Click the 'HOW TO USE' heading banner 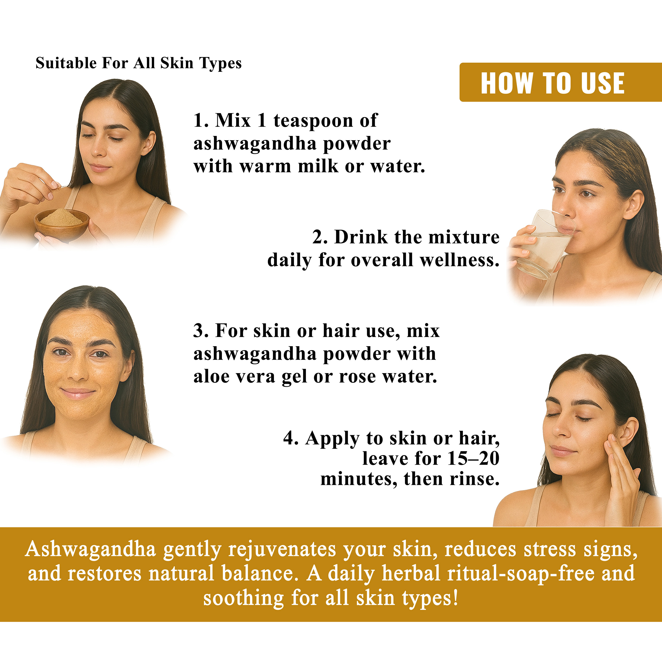point(561,82)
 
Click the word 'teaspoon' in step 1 point(313,121)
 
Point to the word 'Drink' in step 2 point(361,237)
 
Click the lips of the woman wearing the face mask point(78,393)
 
